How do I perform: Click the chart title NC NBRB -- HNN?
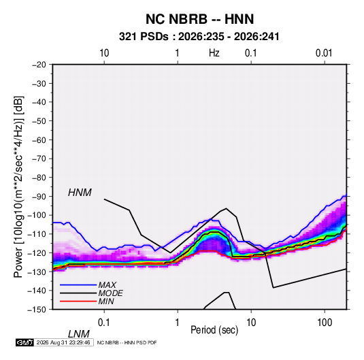[199, 19]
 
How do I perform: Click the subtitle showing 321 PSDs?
[199, 37]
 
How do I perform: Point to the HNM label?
[80, 193]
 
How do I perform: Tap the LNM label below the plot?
[78, 334]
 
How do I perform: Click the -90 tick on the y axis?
[39, 197]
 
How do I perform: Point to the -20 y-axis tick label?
[39, 65]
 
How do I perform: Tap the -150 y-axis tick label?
[37, 310]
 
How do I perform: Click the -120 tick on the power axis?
[37, 252]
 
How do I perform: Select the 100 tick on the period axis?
[325, 323]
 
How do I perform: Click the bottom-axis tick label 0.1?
[103, 323]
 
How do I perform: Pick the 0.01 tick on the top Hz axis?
[324, 53]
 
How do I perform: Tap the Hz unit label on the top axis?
[214, 53]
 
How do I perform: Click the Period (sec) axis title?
[214, 330]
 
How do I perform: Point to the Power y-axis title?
[18, 186]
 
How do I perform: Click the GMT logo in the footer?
[25, 342]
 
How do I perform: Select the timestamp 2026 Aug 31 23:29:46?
[63, 342]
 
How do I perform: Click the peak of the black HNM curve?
[226, 208]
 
